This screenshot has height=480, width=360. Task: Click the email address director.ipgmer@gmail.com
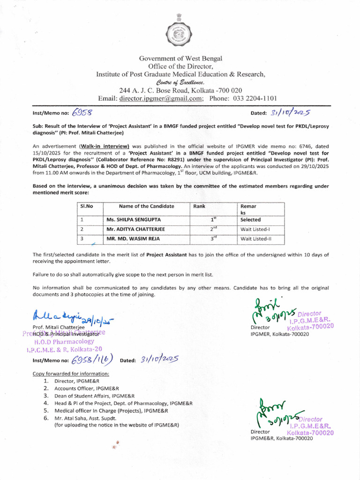coord(161,98)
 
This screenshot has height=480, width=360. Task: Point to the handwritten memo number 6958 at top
coord(83,112)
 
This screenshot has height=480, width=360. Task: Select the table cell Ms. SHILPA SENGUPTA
coord(132,219)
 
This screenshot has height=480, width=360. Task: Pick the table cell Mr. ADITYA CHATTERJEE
coord(135,229)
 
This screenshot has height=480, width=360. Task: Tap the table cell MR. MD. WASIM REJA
coord(133,239)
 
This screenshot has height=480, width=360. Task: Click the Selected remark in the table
coord(250,219)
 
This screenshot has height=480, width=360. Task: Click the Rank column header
coord(199,206)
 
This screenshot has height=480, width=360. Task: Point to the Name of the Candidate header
coord(146,206)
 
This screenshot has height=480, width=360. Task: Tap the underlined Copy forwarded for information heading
coord(71,374)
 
